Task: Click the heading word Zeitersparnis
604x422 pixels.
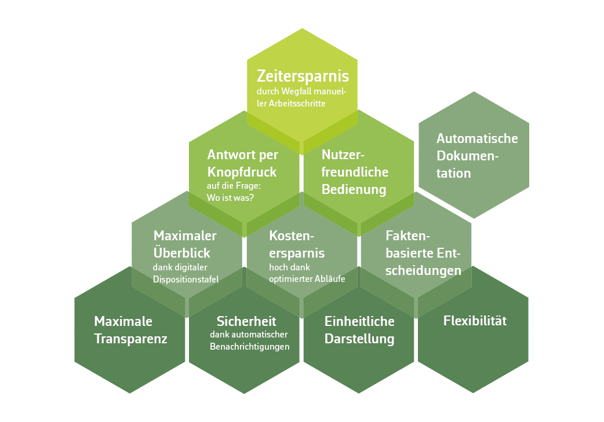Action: point(303,76)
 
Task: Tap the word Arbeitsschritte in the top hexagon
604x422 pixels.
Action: point(297,104)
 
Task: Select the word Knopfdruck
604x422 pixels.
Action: point(242,173)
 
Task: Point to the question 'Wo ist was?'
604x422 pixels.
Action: point(230,198)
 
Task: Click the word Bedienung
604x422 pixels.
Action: point(354,190)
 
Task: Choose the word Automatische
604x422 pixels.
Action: point(477,138)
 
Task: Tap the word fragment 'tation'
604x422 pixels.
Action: point(453,173)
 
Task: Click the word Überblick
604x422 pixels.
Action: point(182,252)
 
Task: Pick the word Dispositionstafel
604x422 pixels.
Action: point(185,279)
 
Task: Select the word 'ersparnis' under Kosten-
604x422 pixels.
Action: point(297,254)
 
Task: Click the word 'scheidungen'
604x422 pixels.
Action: point(423,271)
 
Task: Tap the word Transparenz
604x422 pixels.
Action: point(130,339)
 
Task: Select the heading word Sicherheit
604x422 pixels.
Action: point(246,321)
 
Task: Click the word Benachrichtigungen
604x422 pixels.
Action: point(250,347)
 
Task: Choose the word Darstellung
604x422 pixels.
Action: point(359,339)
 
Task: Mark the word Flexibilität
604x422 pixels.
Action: point(475,321)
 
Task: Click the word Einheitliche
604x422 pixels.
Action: point(359,321)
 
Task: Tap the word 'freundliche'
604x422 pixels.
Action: point(355,172)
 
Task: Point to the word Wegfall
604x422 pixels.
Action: point(296,91)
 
